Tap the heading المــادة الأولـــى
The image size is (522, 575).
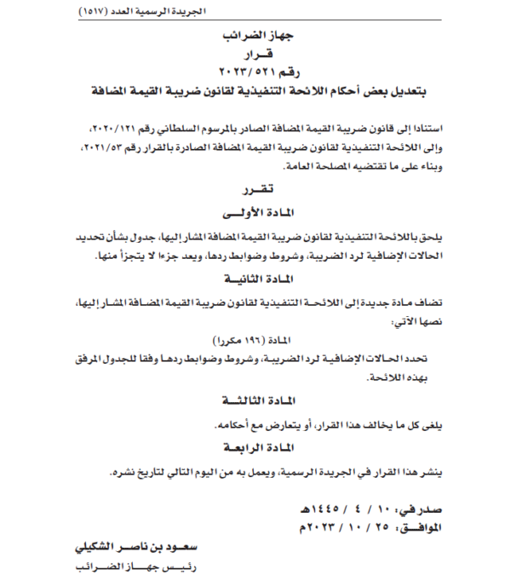click(x=261, y=209)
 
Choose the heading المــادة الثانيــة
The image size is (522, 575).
click(x=261, y=279)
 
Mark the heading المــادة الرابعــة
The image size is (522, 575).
click(x=261, y=448)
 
